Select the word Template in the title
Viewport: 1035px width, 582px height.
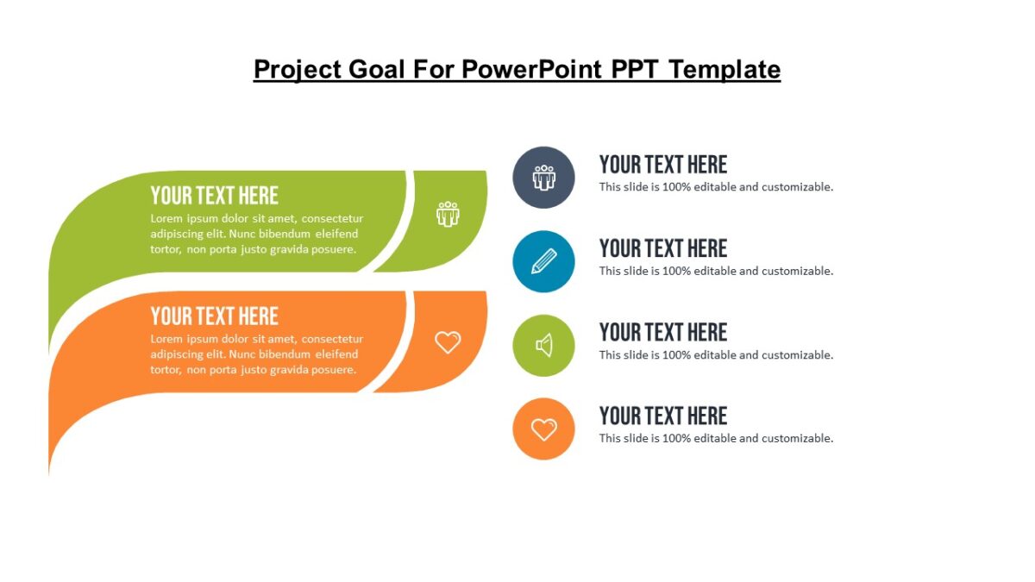[x=724, y=69]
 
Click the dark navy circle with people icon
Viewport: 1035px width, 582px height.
[x=543, y=178]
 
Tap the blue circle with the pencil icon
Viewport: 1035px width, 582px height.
[x=543, y=261]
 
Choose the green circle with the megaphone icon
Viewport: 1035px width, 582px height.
[x=543, y=346]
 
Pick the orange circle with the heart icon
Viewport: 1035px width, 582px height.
[x=543, y=429]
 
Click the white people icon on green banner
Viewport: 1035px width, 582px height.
[x=448, y=214]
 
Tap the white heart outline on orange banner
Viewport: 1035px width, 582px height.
[x=448, y=342]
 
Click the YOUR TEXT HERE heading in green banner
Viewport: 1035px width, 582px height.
[x=214, y=195]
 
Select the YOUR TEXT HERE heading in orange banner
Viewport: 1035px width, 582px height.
[x=214, y=316]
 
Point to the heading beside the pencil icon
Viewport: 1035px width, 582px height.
[x=662, y=248]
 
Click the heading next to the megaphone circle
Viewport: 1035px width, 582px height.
[x=662, y=332]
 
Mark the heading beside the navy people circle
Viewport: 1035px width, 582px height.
[x=662, y=165]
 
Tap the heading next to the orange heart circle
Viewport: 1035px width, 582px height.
[x=662, y=416]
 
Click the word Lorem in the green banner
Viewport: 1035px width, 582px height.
[x=167, y=218]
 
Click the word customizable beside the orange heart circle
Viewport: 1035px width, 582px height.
[x=797, y=438]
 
